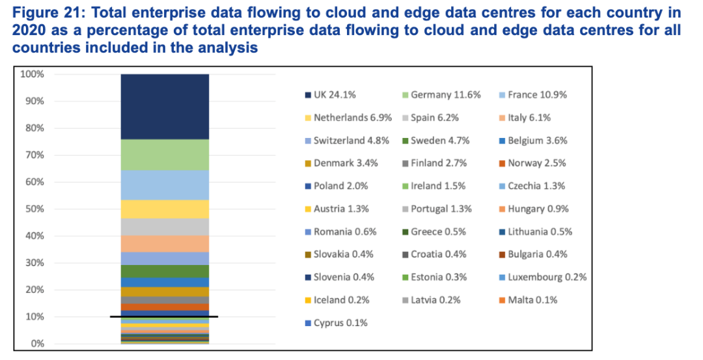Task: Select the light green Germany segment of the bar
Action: point(165,154)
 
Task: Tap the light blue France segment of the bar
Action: point(165,185)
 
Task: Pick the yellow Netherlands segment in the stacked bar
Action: point(165,208)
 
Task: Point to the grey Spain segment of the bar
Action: point(165,227)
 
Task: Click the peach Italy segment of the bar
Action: point(165,243)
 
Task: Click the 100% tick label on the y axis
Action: point(32,74)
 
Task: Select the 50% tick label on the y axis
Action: point(34,209)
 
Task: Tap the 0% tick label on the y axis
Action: point(36,344)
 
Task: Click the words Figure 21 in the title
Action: point(40,13)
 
